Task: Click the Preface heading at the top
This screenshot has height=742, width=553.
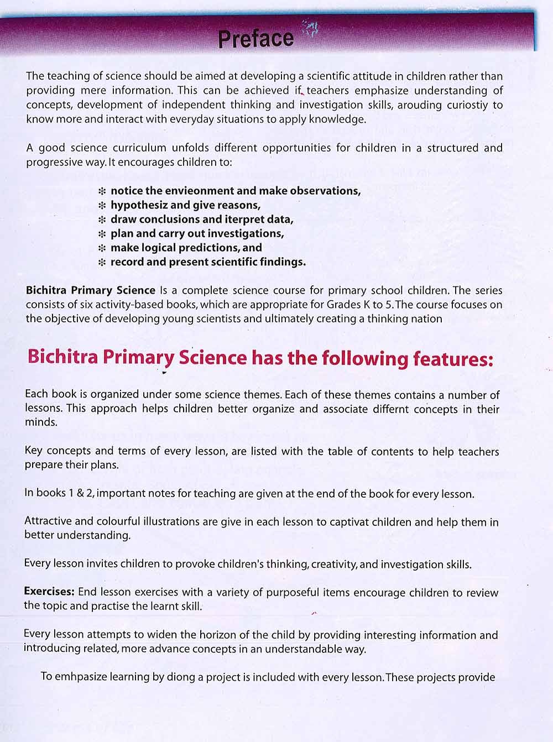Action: pyautogui.click(x=255, y=39)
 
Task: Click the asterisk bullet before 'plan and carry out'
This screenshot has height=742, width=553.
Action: pyautogui.click(x=102, y=234)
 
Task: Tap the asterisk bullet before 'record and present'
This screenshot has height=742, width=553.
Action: pyautogui.click(x=102, y=263)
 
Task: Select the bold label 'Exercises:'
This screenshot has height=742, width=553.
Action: pyautogui.click(x=49, y=592)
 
